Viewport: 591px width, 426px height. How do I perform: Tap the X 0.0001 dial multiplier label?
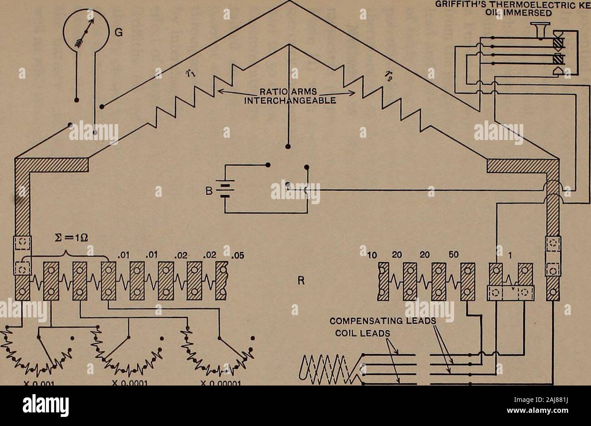point(131,382)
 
